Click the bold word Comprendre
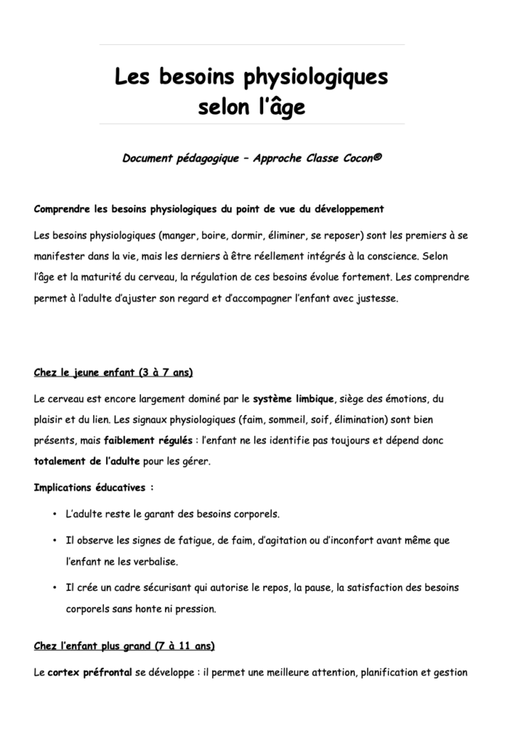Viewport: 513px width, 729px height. click(63, 209)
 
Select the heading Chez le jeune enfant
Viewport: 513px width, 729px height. click(112, 373)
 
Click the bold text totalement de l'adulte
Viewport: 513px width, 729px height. click(87, 461)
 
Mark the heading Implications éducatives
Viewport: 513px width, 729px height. click(92, 488)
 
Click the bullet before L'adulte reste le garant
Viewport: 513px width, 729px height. click(55, 514)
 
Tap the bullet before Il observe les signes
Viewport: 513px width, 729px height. click(55, 540)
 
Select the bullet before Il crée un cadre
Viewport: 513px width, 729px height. click(55, 588)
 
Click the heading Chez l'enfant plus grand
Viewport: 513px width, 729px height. click(124, 646)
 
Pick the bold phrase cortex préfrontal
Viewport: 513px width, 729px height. click(90, 672)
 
